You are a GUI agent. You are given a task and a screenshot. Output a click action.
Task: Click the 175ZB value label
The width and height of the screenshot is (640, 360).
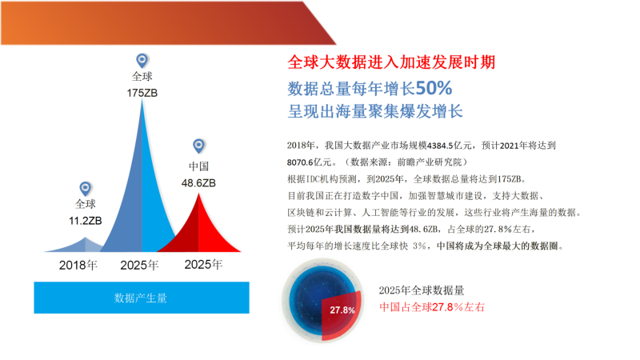(x=142, y=93)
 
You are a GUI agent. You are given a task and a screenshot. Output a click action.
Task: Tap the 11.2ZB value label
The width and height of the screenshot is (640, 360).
(x=86, y=221)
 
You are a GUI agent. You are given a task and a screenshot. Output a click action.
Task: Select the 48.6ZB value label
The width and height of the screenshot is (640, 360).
(x=198, y=183)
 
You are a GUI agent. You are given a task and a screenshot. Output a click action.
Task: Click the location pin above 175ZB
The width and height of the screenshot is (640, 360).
(x=142, y=61)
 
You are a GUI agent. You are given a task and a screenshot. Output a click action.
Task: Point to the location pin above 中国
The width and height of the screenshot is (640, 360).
(x=198, y=146)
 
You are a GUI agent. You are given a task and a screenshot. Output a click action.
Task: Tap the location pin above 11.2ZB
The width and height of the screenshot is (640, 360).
(x=85, y=189)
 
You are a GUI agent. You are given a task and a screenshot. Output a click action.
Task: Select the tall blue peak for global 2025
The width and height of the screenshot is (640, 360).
(x=142, y=204)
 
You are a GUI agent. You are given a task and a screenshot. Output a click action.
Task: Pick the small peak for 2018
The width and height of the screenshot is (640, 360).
(x=82, y=246)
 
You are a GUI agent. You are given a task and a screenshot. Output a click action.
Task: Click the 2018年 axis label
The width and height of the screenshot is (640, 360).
(x=78, y=266)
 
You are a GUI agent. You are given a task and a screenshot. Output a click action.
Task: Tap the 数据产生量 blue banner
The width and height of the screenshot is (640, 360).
(x=142, y=298)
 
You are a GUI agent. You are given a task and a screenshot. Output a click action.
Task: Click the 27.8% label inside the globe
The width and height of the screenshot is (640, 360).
(x=342, y=310)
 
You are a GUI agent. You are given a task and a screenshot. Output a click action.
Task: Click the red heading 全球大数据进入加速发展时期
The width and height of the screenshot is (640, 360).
(x=391, y=62)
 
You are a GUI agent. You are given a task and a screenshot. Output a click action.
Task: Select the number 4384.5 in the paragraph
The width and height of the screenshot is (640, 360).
(x=440, y=146)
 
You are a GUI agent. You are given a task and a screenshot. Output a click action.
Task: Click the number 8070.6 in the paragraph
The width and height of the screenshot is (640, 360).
(x=300, y=162)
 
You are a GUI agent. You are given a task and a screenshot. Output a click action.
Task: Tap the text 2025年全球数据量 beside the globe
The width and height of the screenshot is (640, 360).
(x=422, y=290)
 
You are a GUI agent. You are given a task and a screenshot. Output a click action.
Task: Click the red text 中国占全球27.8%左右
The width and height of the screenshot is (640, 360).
(x=432, y=307)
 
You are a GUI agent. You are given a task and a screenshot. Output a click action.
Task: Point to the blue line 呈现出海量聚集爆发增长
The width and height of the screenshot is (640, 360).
(x=375, y=111)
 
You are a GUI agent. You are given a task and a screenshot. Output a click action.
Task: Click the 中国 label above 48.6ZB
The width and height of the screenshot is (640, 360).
(x=198, y=166)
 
